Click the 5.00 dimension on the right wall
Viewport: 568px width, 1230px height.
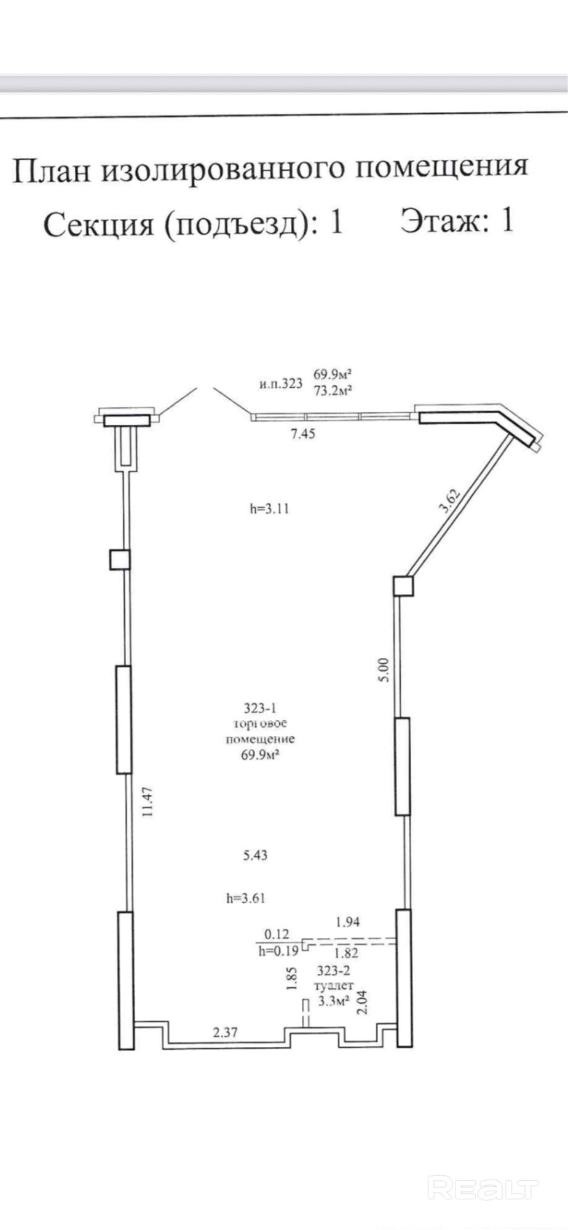click(384, 669)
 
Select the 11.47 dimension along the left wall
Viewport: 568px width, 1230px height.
click(146, 802)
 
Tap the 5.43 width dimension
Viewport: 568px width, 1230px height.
click(255, 854)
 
